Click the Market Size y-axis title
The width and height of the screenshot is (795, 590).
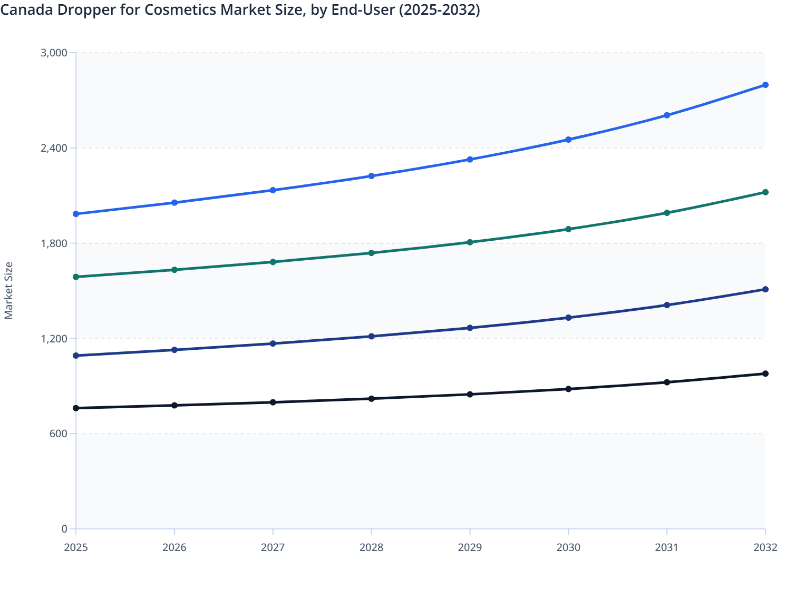(x=8, y=290)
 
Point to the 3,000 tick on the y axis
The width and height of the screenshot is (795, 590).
(x=54, y=53)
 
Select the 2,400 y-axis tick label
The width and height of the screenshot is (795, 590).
(x=54, y=148)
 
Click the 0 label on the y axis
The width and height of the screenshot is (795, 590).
(x=64, y=529)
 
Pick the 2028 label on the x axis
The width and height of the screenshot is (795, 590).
(x=371, y=547)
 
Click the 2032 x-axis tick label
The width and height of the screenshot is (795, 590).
(x=765, y=547)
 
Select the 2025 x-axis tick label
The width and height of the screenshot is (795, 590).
(x=76, y=547)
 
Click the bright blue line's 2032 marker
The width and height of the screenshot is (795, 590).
(x=765, y=85)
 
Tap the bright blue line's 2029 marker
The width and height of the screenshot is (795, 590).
(x=470, y=159)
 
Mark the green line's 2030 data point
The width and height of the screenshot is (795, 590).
(x=568, y=229)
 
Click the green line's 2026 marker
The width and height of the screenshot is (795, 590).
(x=174, y=270)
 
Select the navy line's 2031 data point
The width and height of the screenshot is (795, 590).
(x=667, y=305)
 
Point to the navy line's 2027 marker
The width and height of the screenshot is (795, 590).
(x=273, y=343)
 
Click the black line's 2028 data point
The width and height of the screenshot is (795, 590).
(x=371, y=399)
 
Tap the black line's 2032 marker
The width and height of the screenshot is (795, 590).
(x=765, y=373)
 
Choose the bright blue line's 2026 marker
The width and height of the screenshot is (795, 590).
(x=174, y=203)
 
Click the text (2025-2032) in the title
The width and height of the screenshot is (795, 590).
(x=439, y=9)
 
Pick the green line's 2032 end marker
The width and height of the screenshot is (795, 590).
(x=765, y=192)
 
